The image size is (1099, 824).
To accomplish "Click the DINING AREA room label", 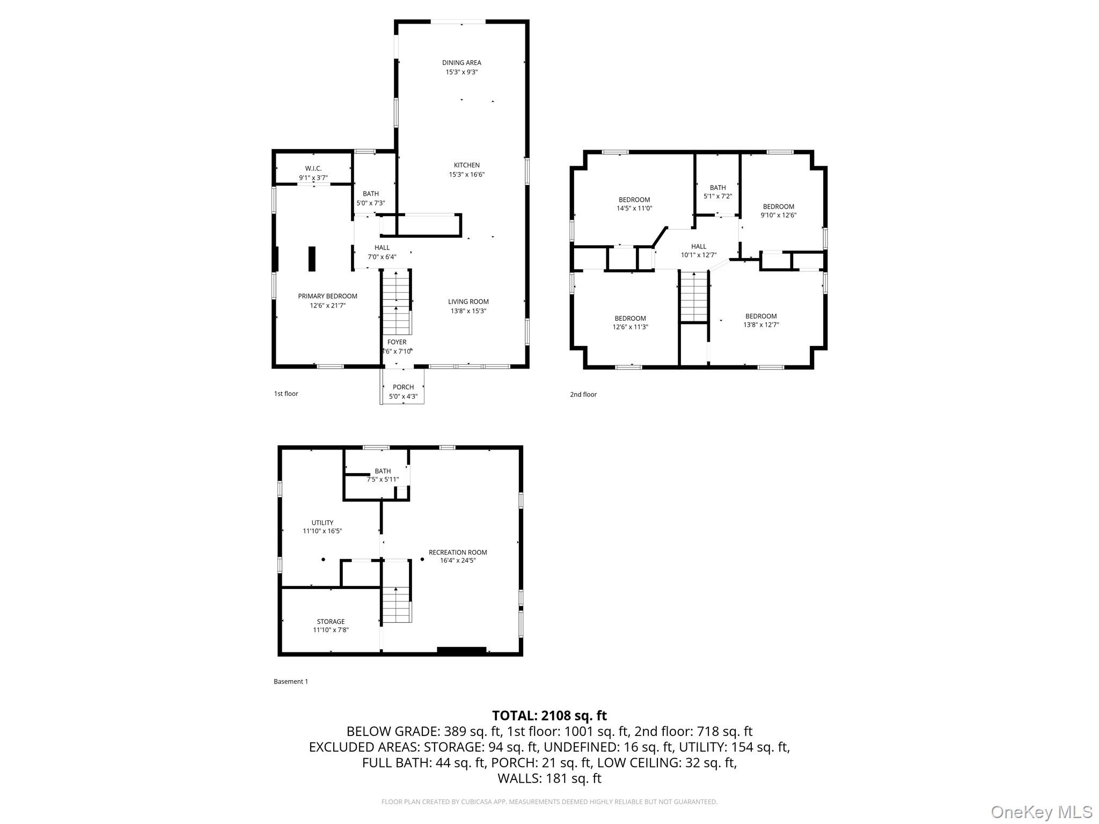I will point(461,63).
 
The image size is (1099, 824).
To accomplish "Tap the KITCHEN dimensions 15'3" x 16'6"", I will point(466,174).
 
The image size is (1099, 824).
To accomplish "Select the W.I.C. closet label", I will point(313,168).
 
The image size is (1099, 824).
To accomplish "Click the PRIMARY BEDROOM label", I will point(327,296).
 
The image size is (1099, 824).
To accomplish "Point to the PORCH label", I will point(403,387).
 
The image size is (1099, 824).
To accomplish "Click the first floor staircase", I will point(396,304).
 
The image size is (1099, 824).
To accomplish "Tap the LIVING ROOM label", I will point(468,301).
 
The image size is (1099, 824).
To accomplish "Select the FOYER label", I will point(397,342).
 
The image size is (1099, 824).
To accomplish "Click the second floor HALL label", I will point(698,246).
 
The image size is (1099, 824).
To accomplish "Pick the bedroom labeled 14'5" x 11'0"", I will point(634,204).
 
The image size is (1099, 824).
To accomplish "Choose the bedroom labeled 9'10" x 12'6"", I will point(778,210).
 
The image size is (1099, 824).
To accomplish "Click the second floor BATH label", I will point(717,188).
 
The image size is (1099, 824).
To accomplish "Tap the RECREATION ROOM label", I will point(458,552).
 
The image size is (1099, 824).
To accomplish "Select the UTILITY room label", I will point(322,523).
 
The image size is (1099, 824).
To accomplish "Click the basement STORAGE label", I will point(331,621).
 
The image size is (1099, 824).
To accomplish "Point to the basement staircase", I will point(397,604).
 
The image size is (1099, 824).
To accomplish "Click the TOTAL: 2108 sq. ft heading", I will point(549,715).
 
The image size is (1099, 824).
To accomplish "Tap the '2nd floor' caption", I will point(583,394).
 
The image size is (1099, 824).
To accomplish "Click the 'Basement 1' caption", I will point(290,681).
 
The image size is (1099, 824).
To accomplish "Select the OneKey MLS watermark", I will point(1041,812).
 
